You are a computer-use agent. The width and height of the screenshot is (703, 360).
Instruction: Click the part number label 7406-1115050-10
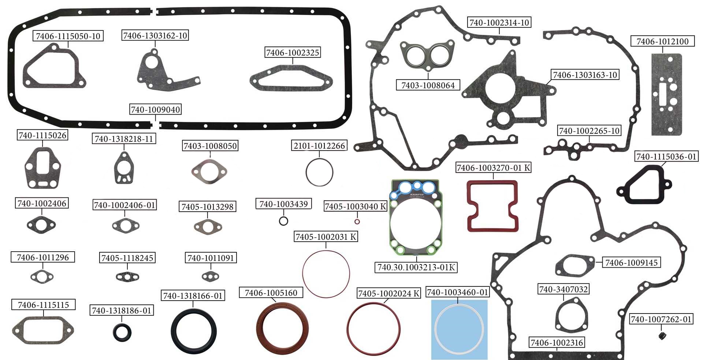(x=68, y=36)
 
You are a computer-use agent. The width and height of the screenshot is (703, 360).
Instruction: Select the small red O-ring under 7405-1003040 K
(x=357, y=222)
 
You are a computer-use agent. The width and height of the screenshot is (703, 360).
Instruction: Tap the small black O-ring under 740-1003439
(x=283, y=221)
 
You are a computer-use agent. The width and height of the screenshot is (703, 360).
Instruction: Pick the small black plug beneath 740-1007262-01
(x=661, y=335)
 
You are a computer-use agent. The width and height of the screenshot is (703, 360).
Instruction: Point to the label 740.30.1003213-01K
(x=416, y=267)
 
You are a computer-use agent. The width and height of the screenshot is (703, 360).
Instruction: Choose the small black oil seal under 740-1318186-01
(x=122, y=333)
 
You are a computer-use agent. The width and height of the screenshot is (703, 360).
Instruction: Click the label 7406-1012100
(x=662, y=41)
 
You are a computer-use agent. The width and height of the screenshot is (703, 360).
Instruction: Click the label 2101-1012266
(x=319, y=145)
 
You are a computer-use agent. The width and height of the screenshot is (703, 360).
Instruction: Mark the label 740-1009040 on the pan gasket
(x=156, y=110)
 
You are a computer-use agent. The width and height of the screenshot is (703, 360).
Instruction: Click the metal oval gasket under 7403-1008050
(x=209, y=171)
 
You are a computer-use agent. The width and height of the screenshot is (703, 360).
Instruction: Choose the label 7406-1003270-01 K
(x=493, y=167)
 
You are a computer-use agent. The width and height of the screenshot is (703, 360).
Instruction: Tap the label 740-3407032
(x=563, y=289)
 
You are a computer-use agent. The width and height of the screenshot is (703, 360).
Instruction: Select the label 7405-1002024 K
(x=389, y=293)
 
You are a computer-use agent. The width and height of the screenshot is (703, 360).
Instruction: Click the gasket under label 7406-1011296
(x=42, y=276)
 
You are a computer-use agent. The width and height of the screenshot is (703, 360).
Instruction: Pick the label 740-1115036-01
(x=666, y=156)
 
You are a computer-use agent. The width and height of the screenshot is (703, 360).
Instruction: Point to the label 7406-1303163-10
(x=585, y=75)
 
